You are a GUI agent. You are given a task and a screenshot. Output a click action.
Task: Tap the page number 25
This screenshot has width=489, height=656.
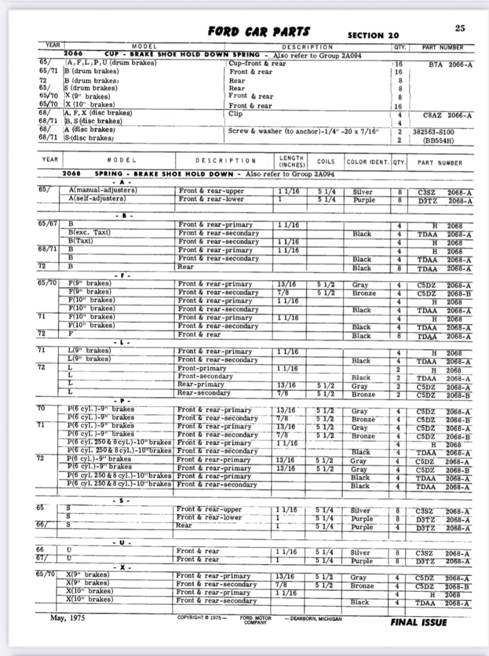tap(459, 28)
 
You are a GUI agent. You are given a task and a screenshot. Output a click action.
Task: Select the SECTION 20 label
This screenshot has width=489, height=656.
tap(373, 36)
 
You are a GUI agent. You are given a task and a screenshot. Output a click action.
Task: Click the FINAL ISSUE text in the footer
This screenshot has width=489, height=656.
tap(420, 622)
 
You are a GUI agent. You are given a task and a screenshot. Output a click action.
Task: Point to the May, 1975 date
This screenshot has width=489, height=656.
tap(67, 618)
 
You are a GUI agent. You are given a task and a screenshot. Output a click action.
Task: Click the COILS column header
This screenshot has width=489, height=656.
tap(326, 161)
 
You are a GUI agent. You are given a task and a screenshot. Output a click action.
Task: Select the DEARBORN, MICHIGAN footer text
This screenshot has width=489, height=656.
tap(313, 619)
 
